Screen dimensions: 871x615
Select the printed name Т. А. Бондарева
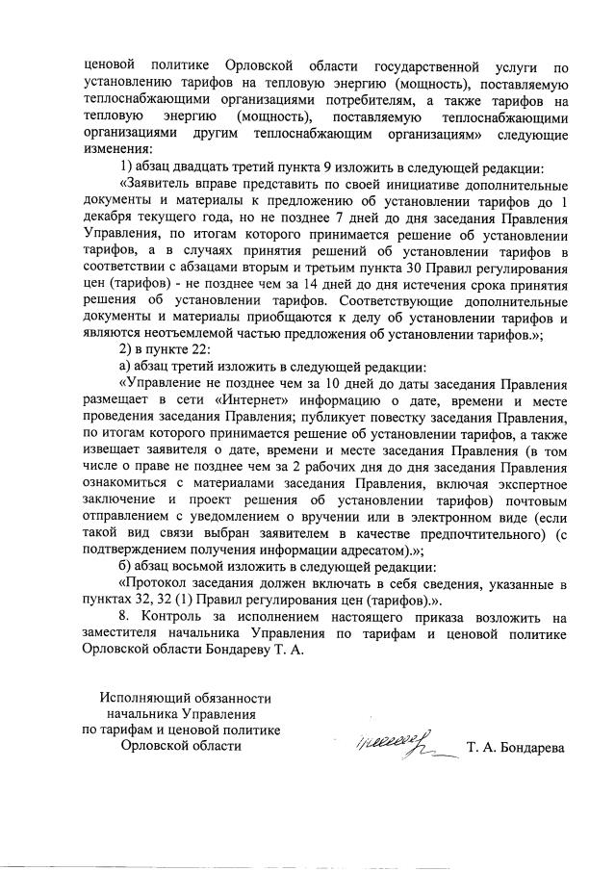click(x=517, y=747)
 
